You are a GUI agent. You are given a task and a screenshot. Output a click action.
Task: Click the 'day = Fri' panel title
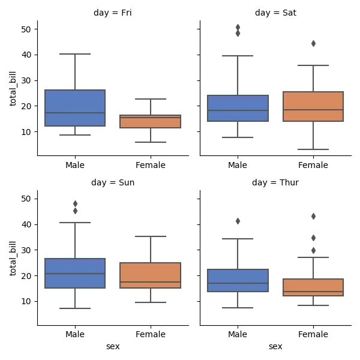click(113, 12)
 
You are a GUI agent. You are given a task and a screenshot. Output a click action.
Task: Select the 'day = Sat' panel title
click(275, 12)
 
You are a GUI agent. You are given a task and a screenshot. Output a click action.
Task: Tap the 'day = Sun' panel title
click(113, 182)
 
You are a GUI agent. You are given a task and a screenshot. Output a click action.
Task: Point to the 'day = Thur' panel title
click(275, 182)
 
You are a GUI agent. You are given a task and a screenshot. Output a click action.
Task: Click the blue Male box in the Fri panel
click(75, 108)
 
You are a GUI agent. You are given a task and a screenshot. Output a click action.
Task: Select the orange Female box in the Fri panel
click(151, 122)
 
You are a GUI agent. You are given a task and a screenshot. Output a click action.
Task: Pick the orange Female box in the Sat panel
click(313, 106)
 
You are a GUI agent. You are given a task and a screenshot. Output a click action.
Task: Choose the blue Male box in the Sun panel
click(75, 273)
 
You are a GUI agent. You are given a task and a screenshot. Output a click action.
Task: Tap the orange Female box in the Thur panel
click(313, 287)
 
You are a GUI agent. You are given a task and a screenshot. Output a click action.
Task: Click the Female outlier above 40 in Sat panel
click(313, 43)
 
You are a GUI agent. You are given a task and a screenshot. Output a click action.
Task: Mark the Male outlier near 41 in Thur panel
click(238, 221)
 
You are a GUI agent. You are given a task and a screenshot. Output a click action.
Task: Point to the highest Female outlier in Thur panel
click(313, 216)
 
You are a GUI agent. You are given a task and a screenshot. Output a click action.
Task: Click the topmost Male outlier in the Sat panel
click(238, 27)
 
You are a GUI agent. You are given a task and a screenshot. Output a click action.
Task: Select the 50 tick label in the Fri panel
click(26, 29)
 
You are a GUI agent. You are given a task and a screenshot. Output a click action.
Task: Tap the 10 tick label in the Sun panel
click(26, 301)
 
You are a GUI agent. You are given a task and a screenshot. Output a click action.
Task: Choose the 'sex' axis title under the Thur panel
click(275, 347)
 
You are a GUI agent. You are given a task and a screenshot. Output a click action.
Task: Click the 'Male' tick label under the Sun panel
click(75, 334)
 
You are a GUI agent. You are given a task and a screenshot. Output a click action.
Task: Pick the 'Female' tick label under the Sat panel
click(313, 164)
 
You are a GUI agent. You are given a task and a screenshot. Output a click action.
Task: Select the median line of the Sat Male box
click(238, 110)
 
